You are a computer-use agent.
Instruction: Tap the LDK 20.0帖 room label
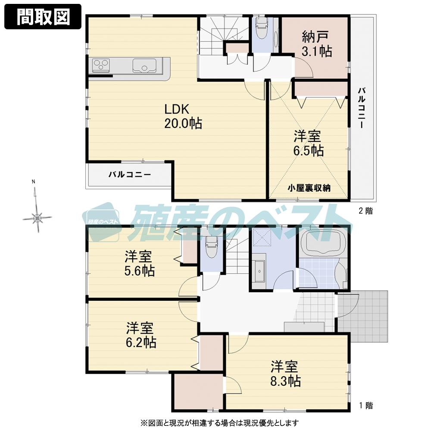click(183, 116)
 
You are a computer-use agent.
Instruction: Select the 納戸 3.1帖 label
click(317, 44)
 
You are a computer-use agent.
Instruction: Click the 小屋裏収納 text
click(309, 187)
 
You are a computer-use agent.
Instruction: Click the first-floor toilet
click(211, 247)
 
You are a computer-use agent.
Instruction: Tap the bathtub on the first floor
click(321, 244)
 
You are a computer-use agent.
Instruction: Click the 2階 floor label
click(365, 211)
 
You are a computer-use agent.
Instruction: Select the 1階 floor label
click(365, 405)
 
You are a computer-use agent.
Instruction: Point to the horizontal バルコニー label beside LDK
click(129, 175)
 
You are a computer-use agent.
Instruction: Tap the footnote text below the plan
click(218, 422)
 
